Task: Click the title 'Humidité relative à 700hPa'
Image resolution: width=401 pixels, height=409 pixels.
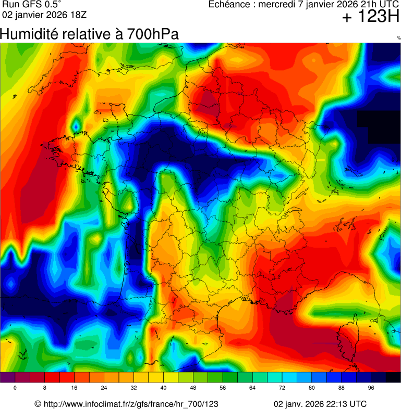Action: pyautogui.click(x=90, y=34)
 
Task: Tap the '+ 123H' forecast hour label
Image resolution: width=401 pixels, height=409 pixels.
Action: pyautogui.click(x=371, y=18)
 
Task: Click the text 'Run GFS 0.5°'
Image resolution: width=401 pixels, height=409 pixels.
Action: pyautogui.click(x=32, y=5)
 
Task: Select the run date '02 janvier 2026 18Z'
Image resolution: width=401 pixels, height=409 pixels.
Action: pyautogui.click(x=41, y=15)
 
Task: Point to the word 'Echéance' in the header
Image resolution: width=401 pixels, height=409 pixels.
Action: pyautogui.click(x=228, y=5)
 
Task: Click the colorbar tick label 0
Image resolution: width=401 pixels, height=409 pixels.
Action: pyautogui.click(x=15, y=388)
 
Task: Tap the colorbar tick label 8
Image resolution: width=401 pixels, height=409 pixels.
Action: pyautogui.click(x=45, y=388)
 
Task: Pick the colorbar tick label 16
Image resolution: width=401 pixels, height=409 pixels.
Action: pyautogui.click(x=75, y=388)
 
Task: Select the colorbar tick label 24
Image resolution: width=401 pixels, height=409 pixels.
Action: pyautogui.click(x=104, y=388)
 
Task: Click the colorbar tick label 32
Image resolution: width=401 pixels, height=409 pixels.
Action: pyautogui.click(x=134, y=388)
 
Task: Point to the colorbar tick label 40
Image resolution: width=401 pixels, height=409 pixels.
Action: pyautogui.click(x=164, y=388)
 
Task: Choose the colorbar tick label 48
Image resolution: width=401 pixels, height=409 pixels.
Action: pyautogui.click(x=193, y=388)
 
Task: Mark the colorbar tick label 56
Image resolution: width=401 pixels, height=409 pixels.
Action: pyautogui.click(x=223, y=388)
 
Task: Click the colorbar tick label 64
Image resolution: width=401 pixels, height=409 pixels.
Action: pyautogui.click(x=252, y=388)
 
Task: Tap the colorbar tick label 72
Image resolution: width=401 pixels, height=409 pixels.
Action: pyautogui.click(x=282, y=388)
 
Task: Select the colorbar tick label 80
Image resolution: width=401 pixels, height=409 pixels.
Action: pyautogui.click(x=312, y=388)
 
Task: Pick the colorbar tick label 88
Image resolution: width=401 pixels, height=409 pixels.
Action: pyautogui.click(x=342, y=388)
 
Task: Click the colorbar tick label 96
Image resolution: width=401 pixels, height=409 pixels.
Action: pyautogui.click(x=371, y=388)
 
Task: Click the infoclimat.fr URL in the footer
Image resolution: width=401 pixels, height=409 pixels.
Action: pyautogui.click(x=126, y=404)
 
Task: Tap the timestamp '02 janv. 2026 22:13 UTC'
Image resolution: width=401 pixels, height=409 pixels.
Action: pyautogui.click(x=320, y=404)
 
